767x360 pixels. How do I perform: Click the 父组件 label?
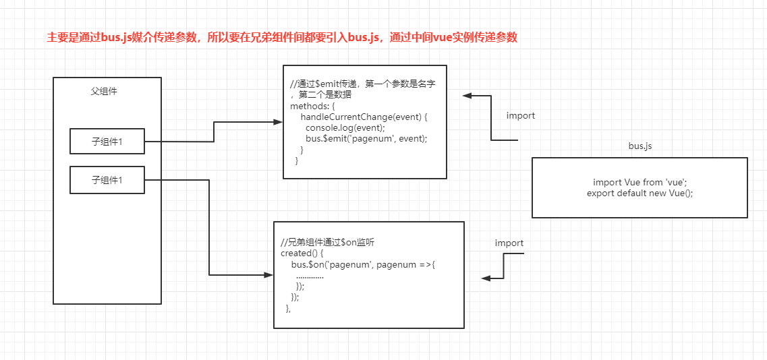(105, 91)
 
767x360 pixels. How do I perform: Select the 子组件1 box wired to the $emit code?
(107, 142)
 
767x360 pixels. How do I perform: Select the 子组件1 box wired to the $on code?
(107, 180)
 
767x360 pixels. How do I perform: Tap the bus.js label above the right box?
(640, 146)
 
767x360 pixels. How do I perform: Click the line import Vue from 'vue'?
(640, 182)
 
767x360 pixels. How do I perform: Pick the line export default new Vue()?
(640, 193)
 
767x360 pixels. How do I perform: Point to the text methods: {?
(312, 106)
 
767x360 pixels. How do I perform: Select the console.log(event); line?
(345, 127)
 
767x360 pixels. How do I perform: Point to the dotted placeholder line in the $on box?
(310, 276)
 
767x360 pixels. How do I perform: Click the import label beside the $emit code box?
(521, 116)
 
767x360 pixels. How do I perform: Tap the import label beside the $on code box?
(509, 243)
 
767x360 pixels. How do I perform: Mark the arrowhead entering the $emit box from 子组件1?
(277, 122)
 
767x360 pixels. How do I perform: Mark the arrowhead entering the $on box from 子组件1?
(268, 275)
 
